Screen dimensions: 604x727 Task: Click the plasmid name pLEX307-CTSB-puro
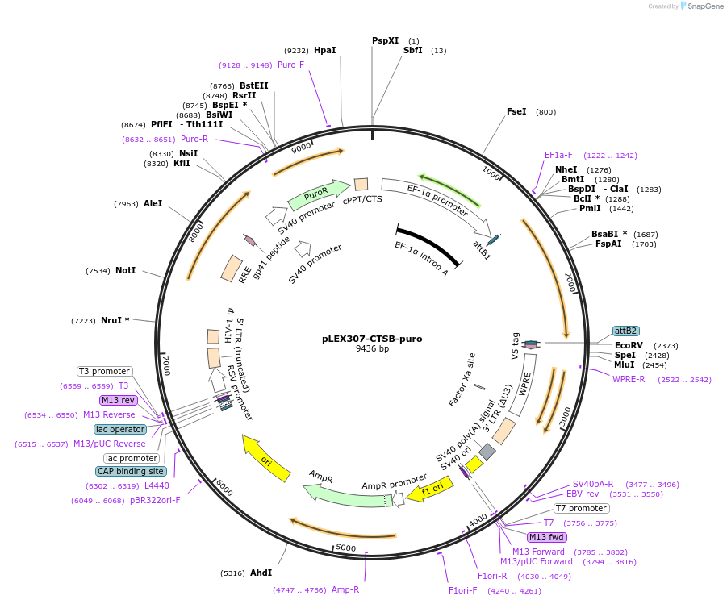372,339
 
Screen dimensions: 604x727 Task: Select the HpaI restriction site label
324,50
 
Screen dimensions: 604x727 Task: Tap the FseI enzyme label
516,111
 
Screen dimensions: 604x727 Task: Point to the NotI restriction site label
125,271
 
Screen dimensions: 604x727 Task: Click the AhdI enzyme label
261,573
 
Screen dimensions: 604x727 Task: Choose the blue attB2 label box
626,331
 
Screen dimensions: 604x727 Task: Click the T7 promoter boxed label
581,508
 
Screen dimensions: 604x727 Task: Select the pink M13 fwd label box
546,537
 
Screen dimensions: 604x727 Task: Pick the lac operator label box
120,429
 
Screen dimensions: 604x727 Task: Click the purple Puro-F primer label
290,65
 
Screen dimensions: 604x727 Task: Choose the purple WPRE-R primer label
629,379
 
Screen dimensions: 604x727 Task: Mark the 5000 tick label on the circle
346,548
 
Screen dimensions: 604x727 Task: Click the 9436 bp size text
372,349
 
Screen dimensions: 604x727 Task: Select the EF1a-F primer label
558,155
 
